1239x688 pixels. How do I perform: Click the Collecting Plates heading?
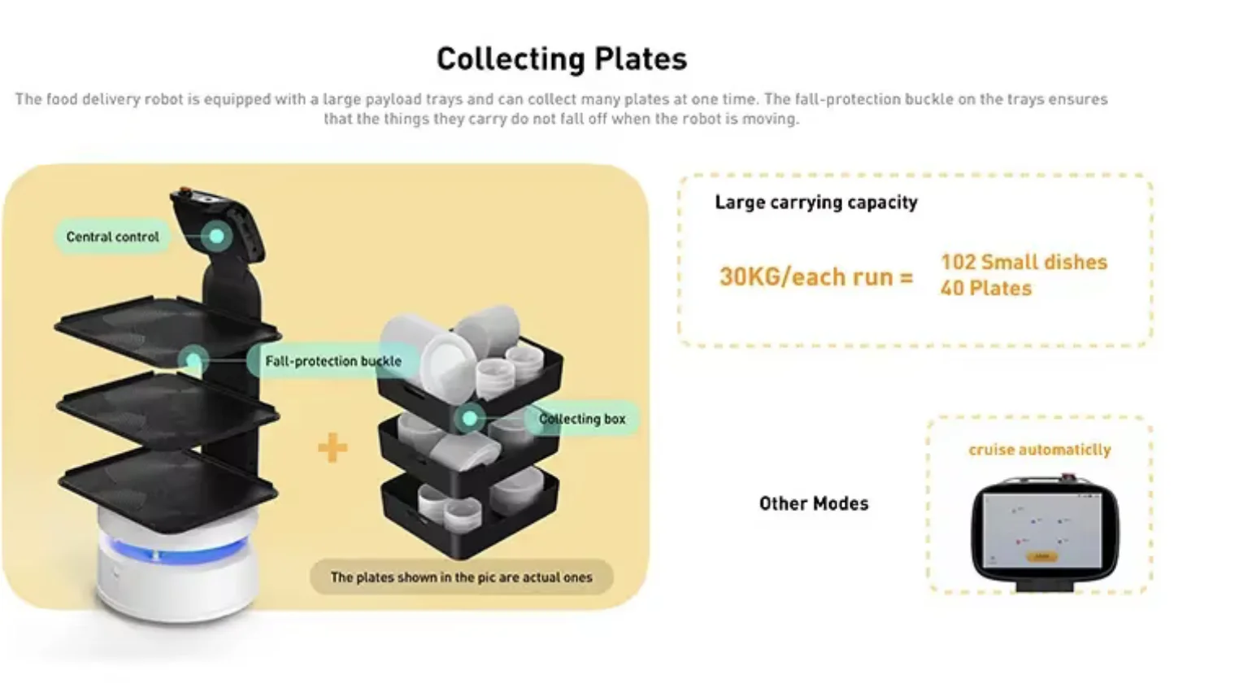[562, 59]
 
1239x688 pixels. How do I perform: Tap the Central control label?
[112, 237]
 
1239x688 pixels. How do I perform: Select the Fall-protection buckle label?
[333, 361]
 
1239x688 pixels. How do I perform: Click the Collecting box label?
[582, 419]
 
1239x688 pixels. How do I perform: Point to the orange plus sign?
[333, 447]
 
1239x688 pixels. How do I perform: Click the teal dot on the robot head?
[217, 237]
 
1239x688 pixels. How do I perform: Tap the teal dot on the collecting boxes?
[470, 419]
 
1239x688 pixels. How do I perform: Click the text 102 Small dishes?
[1024, 262]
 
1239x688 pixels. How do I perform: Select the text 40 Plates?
[986, 289]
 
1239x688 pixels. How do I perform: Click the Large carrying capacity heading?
[816, 202]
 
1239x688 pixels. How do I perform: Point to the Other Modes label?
[814, 503]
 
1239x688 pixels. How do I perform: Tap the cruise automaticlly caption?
[1039, 450]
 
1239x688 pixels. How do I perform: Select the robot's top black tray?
[167, 329]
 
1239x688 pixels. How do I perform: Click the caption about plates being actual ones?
[461, 577]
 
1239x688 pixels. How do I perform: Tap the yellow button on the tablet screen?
[1041, 557]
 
